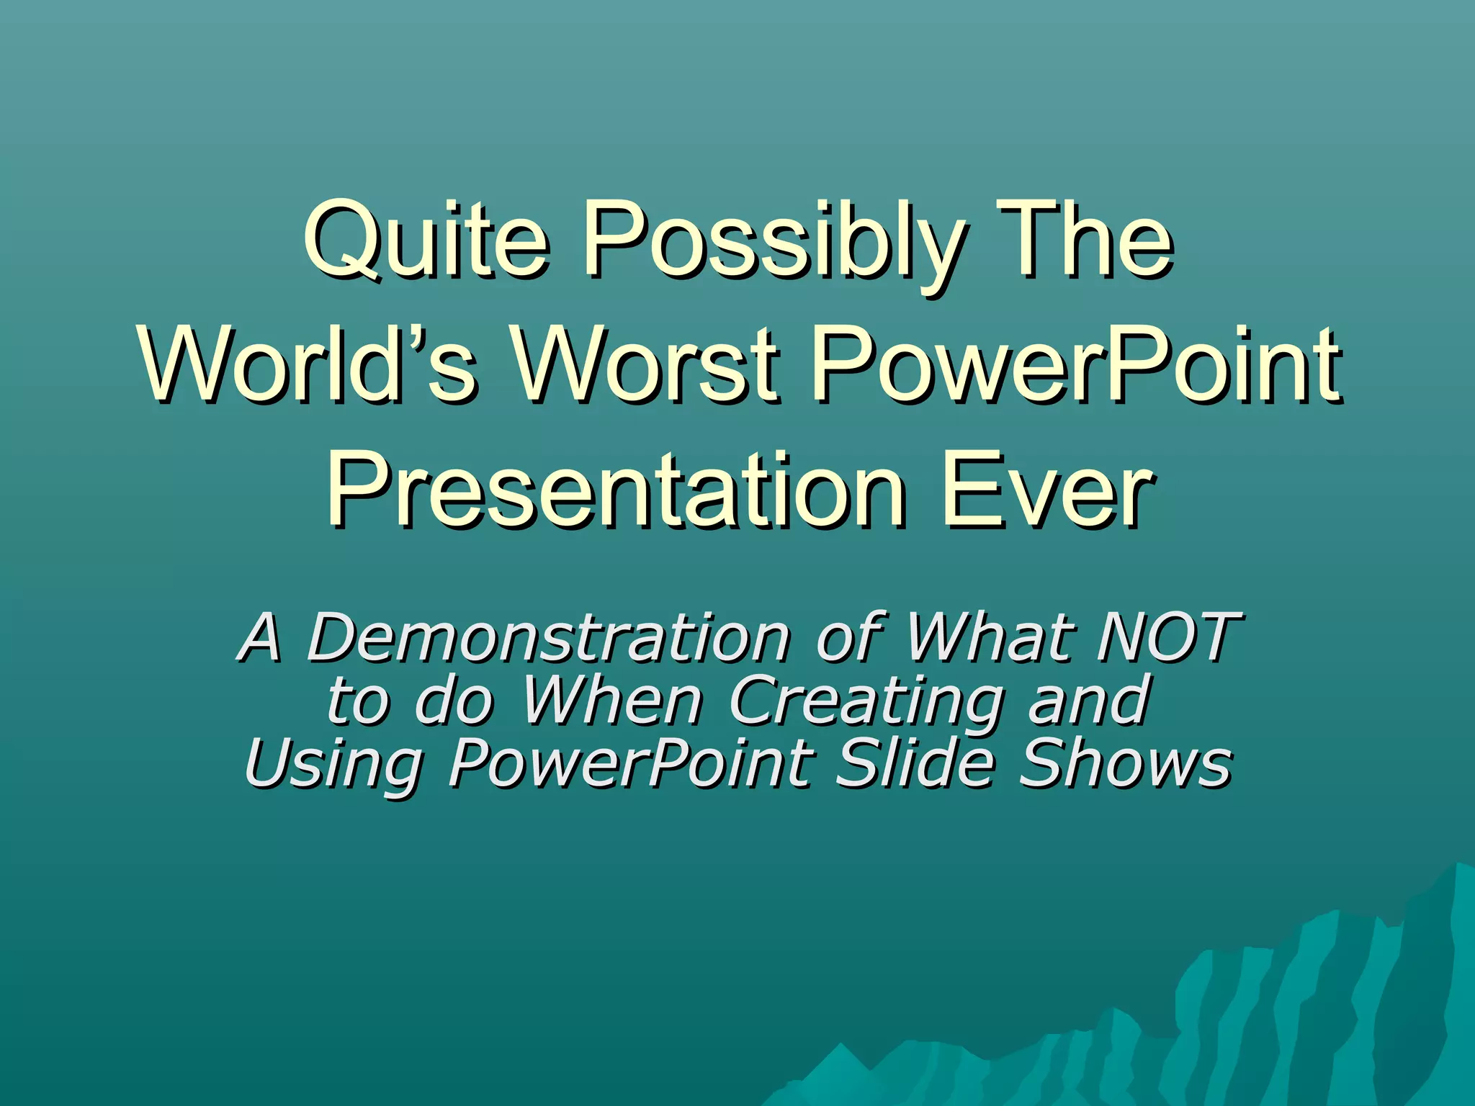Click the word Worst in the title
(x=645, y=364)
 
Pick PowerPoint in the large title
(x=1076, y=364)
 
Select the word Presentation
(x=616, y=490)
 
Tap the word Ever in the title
(x=1048, y=490)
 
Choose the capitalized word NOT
(x=1167, y=637)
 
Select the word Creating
(x=864, y=702)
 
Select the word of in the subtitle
(x=850, y=637)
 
